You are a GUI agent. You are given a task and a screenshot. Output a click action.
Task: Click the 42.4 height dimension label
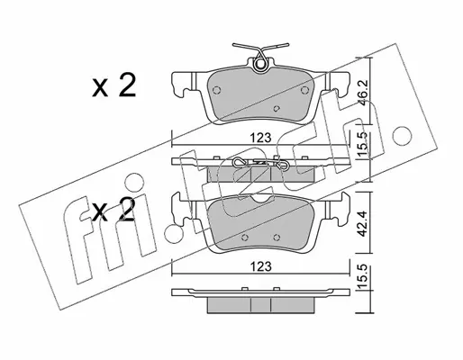[363, 223]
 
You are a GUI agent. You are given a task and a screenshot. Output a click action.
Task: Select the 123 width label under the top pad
[260, 138]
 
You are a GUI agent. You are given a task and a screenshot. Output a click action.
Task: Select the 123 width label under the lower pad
[260, 266]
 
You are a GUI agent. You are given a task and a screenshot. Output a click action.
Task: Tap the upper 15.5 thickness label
[363, 144]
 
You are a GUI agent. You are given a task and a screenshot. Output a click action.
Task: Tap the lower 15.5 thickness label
[363, 277]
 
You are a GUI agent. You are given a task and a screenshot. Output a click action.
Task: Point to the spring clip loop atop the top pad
[260, 65]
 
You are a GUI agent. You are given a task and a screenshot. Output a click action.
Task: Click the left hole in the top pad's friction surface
[216, 90]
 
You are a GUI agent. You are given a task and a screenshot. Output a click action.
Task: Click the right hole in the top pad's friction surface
[304, 90]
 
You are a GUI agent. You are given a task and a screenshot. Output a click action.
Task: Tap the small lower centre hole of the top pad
[277, 108]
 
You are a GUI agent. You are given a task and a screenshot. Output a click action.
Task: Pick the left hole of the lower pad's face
[245, 237]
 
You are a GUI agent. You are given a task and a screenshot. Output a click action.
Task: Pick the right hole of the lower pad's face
[277, 237]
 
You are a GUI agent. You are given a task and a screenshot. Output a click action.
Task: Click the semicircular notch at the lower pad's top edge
[260, 197]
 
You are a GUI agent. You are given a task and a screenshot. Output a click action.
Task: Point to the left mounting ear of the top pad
[183, 84]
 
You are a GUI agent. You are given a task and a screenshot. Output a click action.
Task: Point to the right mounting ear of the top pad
[339, 84]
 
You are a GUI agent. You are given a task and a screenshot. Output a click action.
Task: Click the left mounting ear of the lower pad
[182, 210]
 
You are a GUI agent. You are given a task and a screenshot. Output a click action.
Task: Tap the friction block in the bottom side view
[260, 305]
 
